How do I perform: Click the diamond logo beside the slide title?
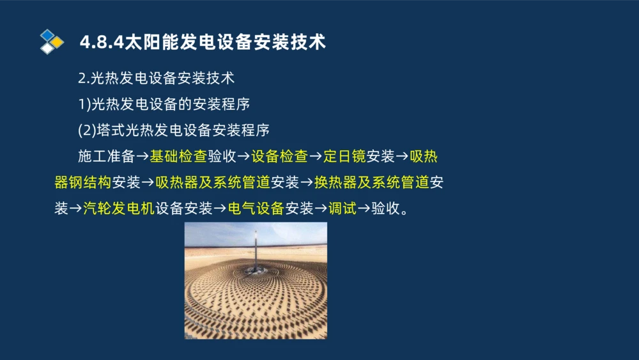[x=52, y=42]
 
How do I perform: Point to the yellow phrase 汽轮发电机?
[x=119, y=208]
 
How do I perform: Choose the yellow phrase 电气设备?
[x=256, y=208]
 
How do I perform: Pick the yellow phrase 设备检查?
[x=280, y=157]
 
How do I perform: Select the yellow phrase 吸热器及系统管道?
[x=213, y=183]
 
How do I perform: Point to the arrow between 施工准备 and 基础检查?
[x=142, y=157]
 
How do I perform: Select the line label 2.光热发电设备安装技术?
[x=156, y=79]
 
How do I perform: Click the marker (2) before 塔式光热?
[x=86, y=130]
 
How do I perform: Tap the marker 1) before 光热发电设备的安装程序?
[x=84, y=104]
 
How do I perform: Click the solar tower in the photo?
[x=256, y=256]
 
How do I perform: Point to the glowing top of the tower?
[x=256, y=235]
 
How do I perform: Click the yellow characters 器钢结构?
[x=83, y=183]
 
